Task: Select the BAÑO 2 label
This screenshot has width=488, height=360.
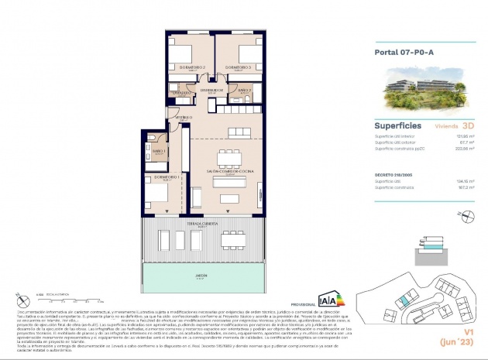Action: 244,91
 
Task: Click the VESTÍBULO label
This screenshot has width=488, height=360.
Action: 184,118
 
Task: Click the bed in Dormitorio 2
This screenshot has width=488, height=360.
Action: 180,53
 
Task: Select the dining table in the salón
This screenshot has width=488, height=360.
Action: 230,158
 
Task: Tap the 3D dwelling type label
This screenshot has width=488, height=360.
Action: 467,124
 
